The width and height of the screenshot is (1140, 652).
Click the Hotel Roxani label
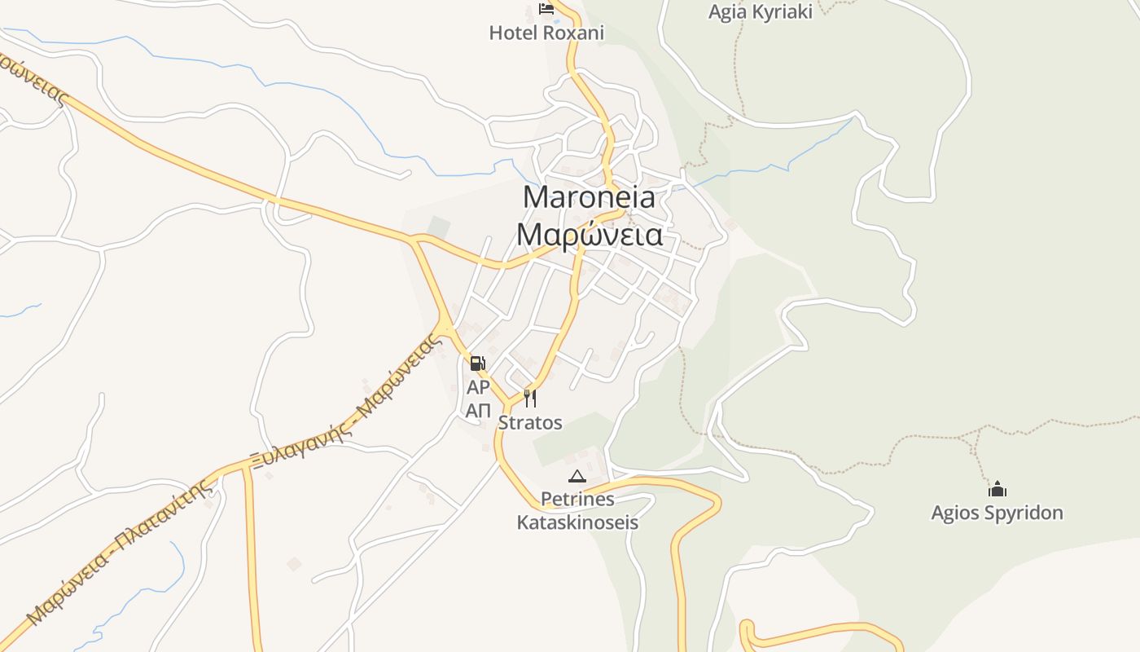click(x=546, y=33)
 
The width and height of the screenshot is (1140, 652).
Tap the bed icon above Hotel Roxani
click(x=546, y=10)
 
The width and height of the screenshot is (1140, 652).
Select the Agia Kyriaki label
click(x=760, y=11)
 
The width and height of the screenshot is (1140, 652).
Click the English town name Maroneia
click(x=589, y=197)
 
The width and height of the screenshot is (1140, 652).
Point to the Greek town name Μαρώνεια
click(x=590, y=235)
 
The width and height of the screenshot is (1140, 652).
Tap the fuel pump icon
click(x=478, y=363)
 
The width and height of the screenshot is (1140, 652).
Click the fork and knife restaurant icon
click(x=530, y=398)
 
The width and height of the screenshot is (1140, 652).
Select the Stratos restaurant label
click(x=530, y=423)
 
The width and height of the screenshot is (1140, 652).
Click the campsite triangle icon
click(x=577, y=476)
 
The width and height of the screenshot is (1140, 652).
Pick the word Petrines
click(x=577, y=499)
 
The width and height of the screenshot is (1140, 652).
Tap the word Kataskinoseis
click(x=577, y=522)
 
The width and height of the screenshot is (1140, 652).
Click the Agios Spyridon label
click(x=997, y=513)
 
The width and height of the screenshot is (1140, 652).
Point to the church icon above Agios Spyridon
click(x=997, y=489)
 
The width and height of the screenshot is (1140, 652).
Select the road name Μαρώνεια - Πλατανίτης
click(x=122, y=554)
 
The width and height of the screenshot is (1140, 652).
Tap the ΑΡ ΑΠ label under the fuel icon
click(x=478, y=399)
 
